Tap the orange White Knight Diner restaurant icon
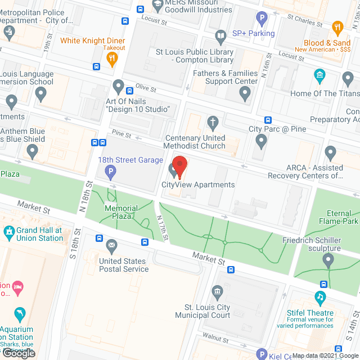click(x=113, y=57)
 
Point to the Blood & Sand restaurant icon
click(x=337, y=28)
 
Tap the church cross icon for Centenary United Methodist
click(x=213, y=122)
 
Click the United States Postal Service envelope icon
click(x=111, y=245)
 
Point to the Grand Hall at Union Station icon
click(x=9, y=231)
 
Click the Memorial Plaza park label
click(x=121, y=212)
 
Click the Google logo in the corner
click(x=18, y=353)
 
